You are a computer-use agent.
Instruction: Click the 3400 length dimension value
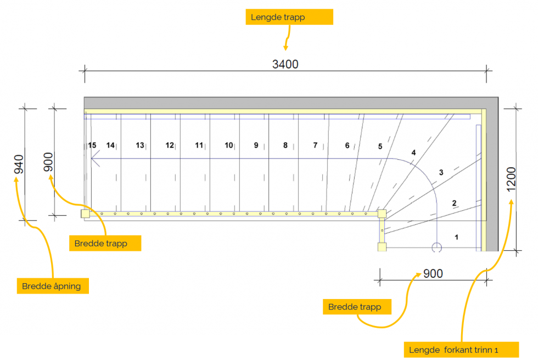pyautogui.click(x=285, y=64)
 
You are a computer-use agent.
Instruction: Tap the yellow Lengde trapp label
pyautogui.click(x=289, y=17)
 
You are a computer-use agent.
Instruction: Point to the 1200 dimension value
pyautogui.click(x=511, y=178)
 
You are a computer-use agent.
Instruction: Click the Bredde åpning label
pyautogui.click(x=52, y=286)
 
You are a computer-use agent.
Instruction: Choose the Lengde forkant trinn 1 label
pyautogui.click(x=461, y=350)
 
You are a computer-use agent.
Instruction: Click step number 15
pyautogui.click(x=92, y=145)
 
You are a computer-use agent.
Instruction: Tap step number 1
pyautogui.click(x=457, y=237)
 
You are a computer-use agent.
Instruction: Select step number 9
pyautogui.click(x=256, y=145)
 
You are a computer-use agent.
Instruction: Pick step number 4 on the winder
pyautogui.click(x=413, y=153)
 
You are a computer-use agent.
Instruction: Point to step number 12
pyautogui.click(x=170, y=145)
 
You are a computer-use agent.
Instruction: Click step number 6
pyautogui.click(x=347, y=145)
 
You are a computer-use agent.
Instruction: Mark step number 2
pyautogui.click(x=454, y=203)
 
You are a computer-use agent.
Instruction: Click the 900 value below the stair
pyautogui.click(x=433, y=273)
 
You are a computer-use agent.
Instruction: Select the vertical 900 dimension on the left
pyautogui.click(x=49, y=162)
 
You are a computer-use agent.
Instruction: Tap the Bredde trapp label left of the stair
pyautogui.click(x=105, y=243)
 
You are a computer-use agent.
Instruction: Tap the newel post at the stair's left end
pyautogui.click(x=85, y=214)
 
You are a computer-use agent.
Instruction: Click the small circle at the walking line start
pyautogui.click(x=436, y=248)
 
